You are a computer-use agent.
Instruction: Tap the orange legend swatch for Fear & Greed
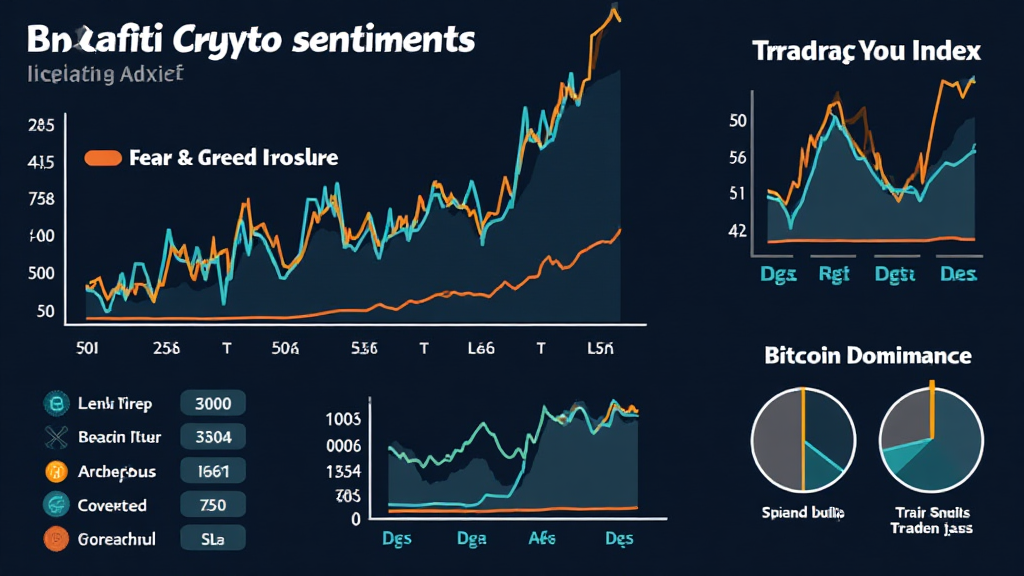(103, 158)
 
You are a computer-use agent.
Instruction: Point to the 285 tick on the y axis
(41, 126)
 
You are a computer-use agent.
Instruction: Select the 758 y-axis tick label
(41, 199)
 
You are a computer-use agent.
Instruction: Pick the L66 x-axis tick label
(481, 349)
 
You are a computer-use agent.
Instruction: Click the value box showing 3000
(212, 404)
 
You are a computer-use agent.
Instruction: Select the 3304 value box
(212, 437)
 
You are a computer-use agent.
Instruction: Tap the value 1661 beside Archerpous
(212, 471)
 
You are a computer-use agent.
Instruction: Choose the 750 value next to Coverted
(212, 505)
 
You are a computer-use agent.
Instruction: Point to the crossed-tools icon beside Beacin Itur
(54, 437)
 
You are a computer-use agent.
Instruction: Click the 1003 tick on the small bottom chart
(343, 418)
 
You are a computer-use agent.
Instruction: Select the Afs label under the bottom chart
(541, 538)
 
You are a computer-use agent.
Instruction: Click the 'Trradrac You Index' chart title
(866, 52)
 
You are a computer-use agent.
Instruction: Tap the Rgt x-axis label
(834, 273)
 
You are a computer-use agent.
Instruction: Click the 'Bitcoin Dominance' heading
(867, 355)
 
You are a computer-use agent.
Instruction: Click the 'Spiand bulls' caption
(803, 512)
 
